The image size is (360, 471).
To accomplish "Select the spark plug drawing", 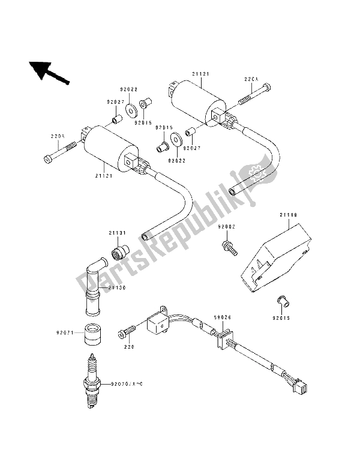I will (92, 379).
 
